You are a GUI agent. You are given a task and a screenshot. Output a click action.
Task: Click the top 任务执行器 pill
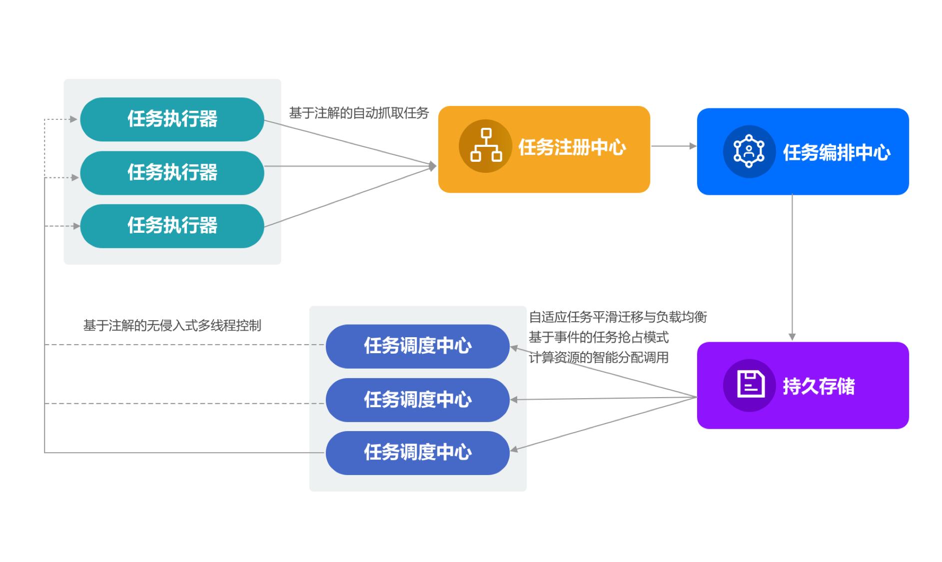(x=172, y=119)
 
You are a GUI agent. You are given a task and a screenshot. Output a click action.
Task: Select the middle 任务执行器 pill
(x=172, y=173)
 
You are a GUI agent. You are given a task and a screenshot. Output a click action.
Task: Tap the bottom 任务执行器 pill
(x=172, y=226)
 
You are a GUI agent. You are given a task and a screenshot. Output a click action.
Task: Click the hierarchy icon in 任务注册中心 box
(x=486, y=146)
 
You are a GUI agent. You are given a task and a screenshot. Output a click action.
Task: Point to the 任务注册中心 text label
(x=572, y=147)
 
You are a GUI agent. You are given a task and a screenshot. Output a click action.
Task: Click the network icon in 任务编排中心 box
(x=749, y=151)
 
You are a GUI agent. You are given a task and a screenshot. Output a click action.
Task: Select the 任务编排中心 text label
(x=836, y=152)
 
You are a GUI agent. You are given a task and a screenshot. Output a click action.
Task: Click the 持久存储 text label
(x=819, y=386)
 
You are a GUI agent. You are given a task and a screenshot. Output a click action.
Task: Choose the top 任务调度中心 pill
(x=417, y=346)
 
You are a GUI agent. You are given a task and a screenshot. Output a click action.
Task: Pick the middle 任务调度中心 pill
(x=417, y=400)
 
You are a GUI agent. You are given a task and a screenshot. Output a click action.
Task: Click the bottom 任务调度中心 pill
(x=417, y=453)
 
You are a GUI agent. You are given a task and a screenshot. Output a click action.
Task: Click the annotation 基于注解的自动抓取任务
(x=359, y=113)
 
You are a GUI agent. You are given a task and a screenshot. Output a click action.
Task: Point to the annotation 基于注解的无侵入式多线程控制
(x=172, y=326)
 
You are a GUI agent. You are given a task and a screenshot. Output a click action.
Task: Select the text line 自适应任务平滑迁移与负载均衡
(x=618, y=317)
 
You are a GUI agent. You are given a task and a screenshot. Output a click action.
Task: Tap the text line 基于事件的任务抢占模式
(x=598, y=338)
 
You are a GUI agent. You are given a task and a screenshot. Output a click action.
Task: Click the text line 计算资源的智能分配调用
(x=598, y=358)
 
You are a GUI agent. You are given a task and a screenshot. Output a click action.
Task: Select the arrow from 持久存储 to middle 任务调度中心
(x=605, y=399)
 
